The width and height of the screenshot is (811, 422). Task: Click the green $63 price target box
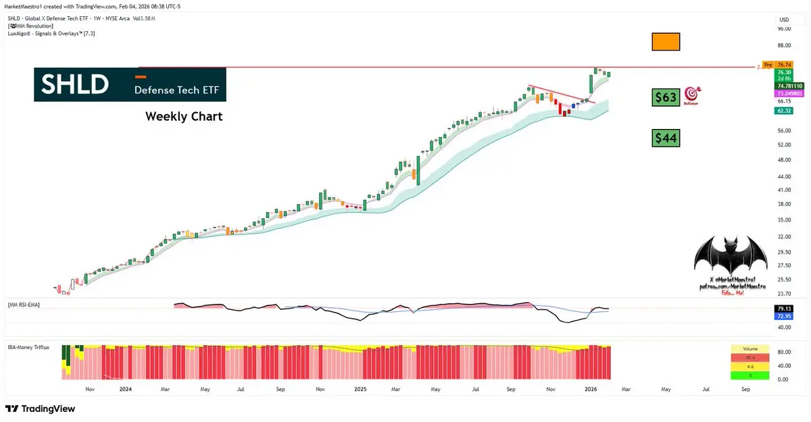[666, 97]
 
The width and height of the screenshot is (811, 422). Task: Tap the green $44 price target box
[666, 138]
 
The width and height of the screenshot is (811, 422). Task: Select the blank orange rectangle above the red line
[666, 41]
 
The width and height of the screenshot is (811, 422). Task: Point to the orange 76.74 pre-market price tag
[784, 64]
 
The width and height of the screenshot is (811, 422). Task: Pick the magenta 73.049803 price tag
[784, 93]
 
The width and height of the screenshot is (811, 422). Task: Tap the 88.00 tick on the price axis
[784, 45]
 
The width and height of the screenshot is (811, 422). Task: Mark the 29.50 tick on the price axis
[784, 252]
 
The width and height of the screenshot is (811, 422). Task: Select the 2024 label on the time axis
[125, 390]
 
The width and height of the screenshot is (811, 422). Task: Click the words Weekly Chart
[184, 117]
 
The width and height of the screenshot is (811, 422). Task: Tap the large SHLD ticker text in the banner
[75, 84]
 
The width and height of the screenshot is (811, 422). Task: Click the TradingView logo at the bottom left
[41, 408]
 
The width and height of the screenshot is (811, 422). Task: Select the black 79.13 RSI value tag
[784, 309]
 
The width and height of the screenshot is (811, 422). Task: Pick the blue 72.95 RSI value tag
[784, 316]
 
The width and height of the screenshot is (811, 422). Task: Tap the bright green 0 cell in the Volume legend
[749, 375]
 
